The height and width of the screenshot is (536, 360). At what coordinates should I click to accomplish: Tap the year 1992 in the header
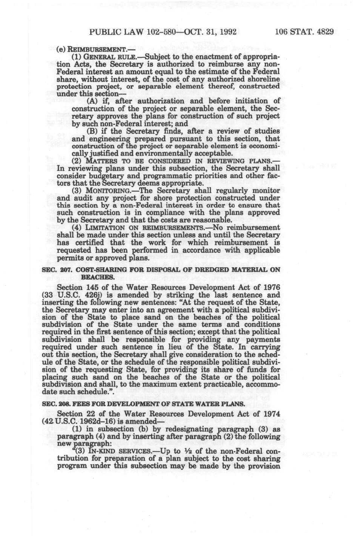[227, 32]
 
